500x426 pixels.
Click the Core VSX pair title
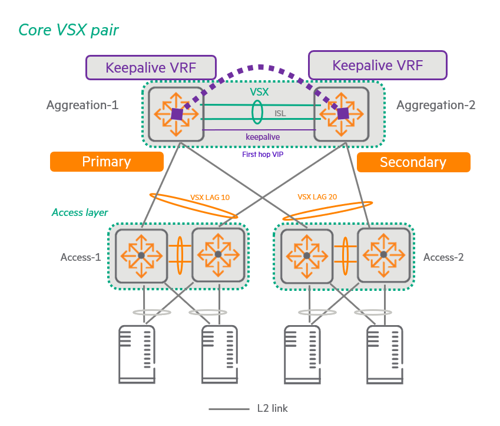[x=68, y=30]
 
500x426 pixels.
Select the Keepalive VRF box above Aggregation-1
[x=151, y=67]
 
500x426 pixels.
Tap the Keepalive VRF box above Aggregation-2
[x=378, y=65]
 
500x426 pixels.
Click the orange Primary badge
[x=106, y=162]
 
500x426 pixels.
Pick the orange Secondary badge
[x=413, y=162]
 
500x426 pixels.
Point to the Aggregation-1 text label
[x=82, y=105]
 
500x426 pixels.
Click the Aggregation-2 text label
[x=436, y=105]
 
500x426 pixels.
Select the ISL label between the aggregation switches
[x=280, y=113]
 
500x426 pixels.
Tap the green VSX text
[x=260, y=92]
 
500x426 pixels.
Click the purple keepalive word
[x=262, y=137]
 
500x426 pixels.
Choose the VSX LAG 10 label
[x=210, y=198]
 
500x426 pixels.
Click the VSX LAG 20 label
[x=317, y=197]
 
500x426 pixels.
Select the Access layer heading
[x=80, y=212]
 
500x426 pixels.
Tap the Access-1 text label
[x=81, y=257]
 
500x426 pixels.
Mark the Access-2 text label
[x=443, y=257]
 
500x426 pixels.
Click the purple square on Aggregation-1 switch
[x=176, y=114]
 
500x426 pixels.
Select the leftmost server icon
[x=137, y=354]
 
